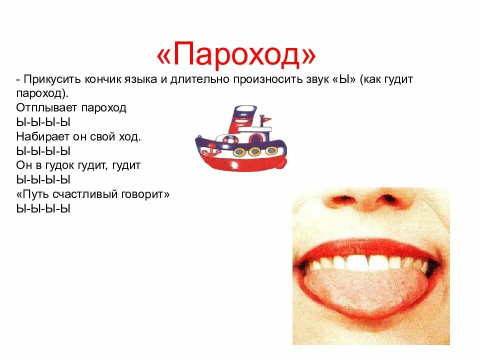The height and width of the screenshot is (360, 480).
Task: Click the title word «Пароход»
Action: (x=236, y=55)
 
